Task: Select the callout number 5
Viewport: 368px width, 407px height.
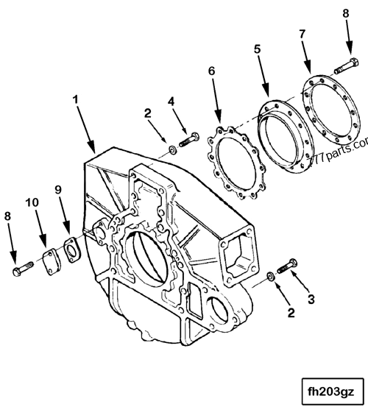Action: click(x=257, y=51)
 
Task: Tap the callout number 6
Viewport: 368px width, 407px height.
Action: click(x=212, y=71)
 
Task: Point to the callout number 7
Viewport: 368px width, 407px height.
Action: click(x=301, y=35)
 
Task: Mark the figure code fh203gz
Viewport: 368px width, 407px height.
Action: click(x=331, y=387)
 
